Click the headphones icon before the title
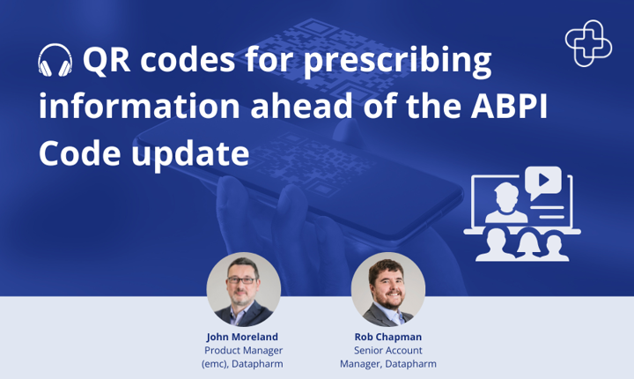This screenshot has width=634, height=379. tap(55, 62)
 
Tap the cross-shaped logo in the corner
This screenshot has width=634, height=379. tap(589, 43)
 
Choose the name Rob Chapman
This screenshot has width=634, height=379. tap(388, 337)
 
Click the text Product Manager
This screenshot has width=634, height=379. tap(244, 350)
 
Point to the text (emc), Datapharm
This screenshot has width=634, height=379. tap(244, 363)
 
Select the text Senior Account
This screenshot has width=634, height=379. tap(388, 350)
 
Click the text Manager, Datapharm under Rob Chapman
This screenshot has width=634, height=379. tap(388, 363)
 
